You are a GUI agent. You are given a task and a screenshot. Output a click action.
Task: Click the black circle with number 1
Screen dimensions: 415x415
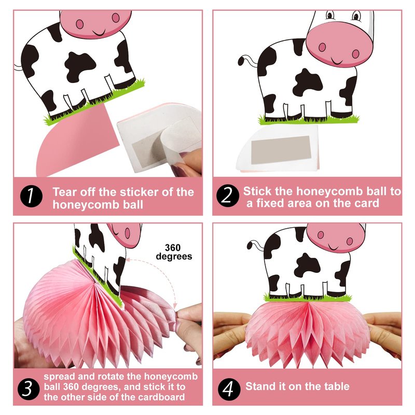pyautogui.click(x=31, y=196)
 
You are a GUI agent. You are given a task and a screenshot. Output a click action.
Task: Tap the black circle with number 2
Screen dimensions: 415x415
pyautogui.click(x=228, y=196)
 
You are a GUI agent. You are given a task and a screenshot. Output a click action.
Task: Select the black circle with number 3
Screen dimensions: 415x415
pyautogui.click(x=29, y=388)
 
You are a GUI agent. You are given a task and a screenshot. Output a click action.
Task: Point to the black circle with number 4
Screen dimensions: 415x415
pyautogui.click(x=229, y=389)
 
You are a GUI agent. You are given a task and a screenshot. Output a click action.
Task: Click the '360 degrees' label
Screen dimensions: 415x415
pyautogui.click(x=174, y=252)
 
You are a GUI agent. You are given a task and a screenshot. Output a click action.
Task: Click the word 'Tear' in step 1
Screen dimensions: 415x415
pyautogui.click(x=64, y=192)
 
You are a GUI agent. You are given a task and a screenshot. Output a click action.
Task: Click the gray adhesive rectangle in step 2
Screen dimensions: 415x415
pyautogui.click(x=281, y=150)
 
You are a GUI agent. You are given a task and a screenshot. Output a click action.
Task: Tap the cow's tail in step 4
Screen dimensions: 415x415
pyautogui.click(x=255, y=245)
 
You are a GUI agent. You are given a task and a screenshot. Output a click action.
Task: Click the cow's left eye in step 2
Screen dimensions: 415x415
pyautogui.click(x=329, y=15)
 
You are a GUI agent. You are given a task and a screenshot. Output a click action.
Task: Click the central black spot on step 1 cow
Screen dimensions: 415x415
pyautogui.click(x=80, y=66)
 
